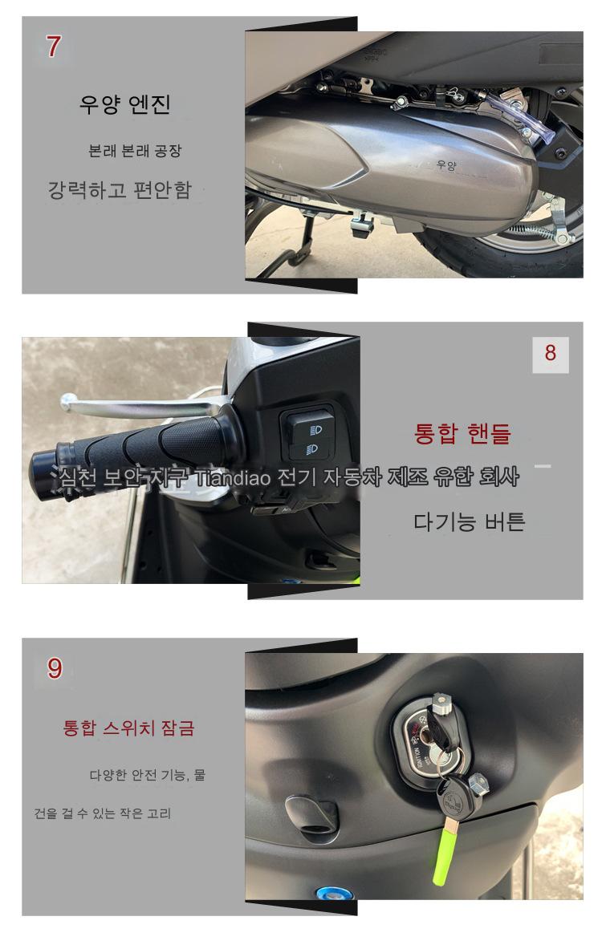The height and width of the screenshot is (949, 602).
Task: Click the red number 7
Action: [x=53, y=47]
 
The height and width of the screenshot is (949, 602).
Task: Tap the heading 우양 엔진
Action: [x=124, y=105]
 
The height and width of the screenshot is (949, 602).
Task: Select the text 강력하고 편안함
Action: [x=120, y=190]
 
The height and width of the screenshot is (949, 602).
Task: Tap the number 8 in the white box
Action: [x=550, y=353]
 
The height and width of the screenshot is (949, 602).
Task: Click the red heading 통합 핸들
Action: [x=462, y=433]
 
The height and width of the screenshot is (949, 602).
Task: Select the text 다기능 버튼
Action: [x=470, y=521]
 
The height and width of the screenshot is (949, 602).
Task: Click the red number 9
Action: [x=55, y=668]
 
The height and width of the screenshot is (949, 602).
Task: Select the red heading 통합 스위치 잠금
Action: [x=128, y=728]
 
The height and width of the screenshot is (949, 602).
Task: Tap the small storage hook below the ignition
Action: [x=311, y=814]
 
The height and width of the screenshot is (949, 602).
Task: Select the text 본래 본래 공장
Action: [x=135, y=151]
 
